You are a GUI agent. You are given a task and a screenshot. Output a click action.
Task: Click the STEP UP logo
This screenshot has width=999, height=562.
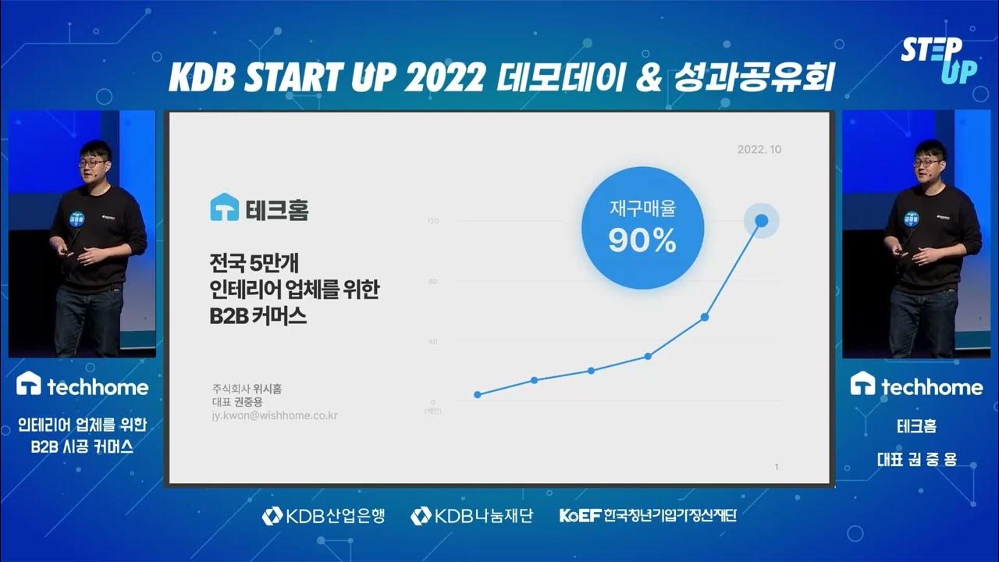click(x=938, y=60)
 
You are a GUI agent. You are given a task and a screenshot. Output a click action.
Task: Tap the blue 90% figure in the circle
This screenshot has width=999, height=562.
click(x=642, y=242)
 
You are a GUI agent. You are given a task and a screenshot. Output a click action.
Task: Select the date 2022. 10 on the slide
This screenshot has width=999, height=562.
click(x=759, y=149)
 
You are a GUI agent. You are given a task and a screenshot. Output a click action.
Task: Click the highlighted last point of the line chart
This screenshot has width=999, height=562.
click(x=761, y=221)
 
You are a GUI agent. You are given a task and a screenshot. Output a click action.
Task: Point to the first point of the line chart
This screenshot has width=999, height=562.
click(x=477, y=394)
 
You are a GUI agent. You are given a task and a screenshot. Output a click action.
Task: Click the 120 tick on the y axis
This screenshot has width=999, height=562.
click(x=432, y=221)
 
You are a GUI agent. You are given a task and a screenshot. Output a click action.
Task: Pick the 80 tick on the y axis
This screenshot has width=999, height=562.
click(x=433, y=281)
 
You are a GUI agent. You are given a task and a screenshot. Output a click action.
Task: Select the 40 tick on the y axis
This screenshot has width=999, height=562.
click(x=433, y=342)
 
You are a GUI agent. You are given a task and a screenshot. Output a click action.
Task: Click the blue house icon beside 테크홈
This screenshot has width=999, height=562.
click(x=224, y=208)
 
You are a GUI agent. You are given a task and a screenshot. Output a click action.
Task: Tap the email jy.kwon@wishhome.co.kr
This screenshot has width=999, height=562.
click(x=274, y=416)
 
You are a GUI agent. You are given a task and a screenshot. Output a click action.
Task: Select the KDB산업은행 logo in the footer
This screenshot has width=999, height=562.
click(x=324, y=515)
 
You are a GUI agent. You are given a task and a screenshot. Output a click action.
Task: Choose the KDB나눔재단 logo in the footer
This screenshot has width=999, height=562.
click(x=471, y=515)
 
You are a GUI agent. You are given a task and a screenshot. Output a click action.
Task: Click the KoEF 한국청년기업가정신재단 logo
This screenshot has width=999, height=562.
click(x=648, y=515)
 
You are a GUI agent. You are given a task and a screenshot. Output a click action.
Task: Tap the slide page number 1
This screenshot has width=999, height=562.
click(x=777, y=467)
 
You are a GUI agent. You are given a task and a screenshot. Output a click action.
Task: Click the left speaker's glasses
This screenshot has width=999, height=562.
click(x=93, y=162)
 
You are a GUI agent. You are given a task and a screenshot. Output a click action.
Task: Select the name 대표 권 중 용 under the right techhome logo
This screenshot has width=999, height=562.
click(x=916, y=459)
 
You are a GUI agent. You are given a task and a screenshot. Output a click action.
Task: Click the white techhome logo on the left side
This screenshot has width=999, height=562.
click(x=83, y=385)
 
